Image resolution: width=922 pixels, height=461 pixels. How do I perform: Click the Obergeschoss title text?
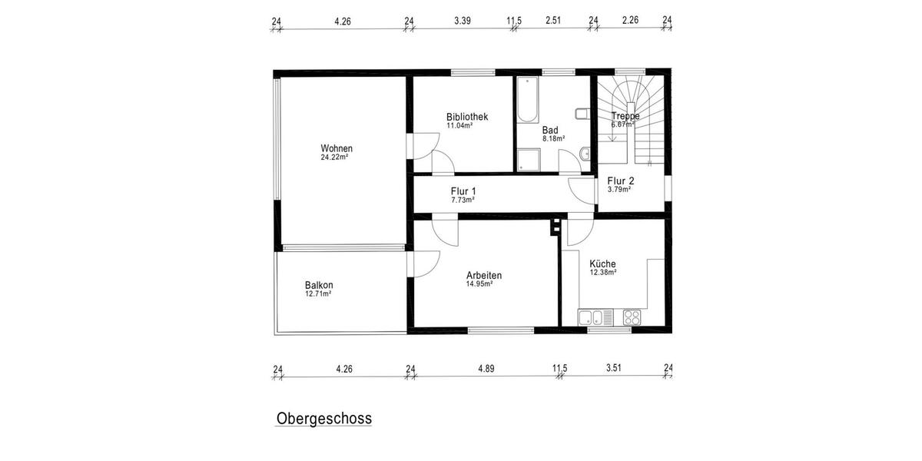point(323,419)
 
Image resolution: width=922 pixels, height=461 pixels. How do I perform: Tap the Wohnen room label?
point(337,148)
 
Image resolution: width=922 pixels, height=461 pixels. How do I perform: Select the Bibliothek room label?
point(467,117)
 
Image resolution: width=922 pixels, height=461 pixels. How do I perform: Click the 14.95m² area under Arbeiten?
point(479,284)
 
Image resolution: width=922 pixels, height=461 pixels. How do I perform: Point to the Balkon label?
point(319,285)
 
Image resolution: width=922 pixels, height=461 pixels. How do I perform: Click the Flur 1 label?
point(463,191)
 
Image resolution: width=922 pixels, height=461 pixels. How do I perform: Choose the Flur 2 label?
point(620,181)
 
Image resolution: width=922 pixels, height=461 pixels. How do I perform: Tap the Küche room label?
point(602,264)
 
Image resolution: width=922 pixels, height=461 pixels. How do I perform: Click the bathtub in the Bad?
point(528,100)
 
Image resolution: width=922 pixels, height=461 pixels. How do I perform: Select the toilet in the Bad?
point(582,115)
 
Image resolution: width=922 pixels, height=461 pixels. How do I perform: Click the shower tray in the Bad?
point(528,160)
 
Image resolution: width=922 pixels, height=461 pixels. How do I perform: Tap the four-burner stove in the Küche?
point(632,317)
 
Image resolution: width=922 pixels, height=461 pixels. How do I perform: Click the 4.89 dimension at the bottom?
point(486,369)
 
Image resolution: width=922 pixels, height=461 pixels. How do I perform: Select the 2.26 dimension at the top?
point(630,21)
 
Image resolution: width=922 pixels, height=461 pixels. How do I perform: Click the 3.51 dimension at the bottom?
point(613,369)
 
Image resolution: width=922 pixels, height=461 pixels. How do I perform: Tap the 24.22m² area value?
point(335,158)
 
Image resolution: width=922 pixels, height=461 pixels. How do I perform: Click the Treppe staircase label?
point(625,116)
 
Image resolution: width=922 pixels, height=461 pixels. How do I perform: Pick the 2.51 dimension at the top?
point(554,21)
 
